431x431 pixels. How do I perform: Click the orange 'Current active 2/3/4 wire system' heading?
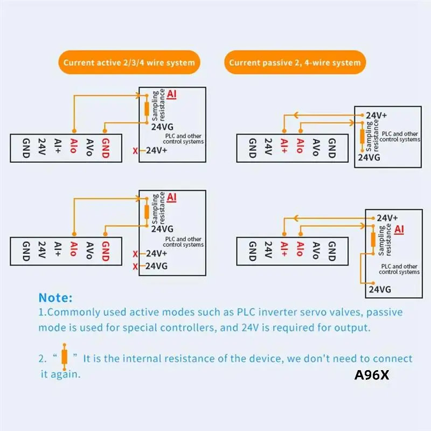[129, 62]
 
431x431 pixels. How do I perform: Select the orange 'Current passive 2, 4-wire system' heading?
[295, 62]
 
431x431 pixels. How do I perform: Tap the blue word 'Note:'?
[55, 297]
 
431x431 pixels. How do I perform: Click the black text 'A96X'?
[371, 375]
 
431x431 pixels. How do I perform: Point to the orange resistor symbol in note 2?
[65, 357]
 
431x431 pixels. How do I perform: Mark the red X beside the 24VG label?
[135, 266]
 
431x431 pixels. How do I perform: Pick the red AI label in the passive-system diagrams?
[399, 230]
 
